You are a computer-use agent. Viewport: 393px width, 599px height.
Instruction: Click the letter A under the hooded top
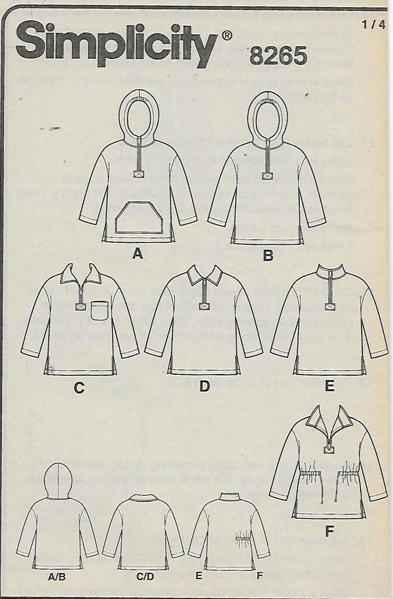click(x=138, y=254)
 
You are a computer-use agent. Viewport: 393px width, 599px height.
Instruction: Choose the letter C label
click(x=79, y=388)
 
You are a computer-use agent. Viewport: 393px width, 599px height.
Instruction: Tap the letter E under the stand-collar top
click(x=329, y=386)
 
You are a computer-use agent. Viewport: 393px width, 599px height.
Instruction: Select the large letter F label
click(x=329, y=532)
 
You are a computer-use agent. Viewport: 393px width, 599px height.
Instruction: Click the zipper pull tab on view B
click(x=268, y=176)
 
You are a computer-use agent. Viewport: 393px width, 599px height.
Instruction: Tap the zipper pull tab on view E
click(x=329, y=307)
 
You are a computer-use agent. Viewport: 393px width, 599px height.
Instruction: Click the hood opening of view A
click(x=138, y=119)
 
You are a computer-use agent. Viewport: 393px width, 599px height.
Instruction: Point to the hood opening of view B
click(x=268, y=119)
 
